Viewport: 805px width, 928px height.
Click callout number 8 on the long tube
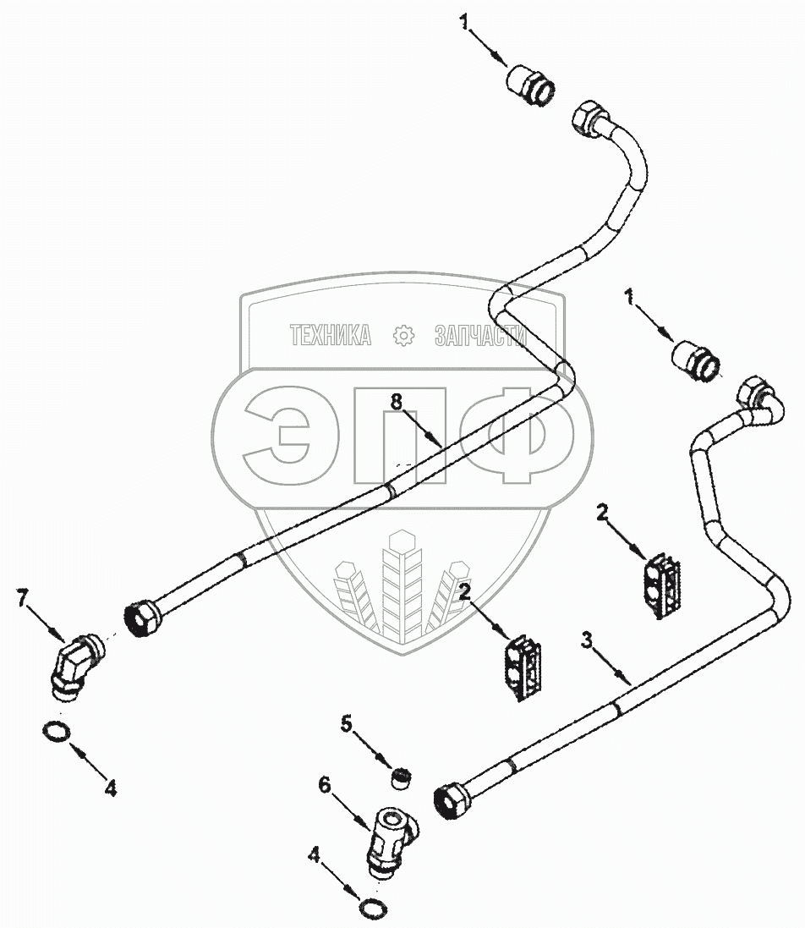tap(397, 402)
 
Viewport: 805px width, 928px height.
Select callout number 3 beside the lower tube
tap(586, 640)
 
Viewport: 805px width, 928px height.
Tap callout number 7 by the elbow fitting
tap(23, 600)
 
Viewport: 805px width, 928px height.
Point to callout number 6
tap(324, 786)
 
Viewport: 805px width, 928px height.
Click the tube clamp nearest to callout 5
tap(524, 667)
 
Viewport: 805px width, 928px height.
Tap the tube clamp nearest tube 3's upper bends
tap(660, 586)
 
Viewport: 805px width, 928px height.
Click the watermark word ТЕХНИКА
tap(331, 336)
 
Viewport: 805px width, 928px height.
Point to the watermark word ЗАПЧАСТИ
tap(480, 336)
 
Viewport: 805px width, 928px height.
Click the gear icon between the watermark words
tap(403, 336)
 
